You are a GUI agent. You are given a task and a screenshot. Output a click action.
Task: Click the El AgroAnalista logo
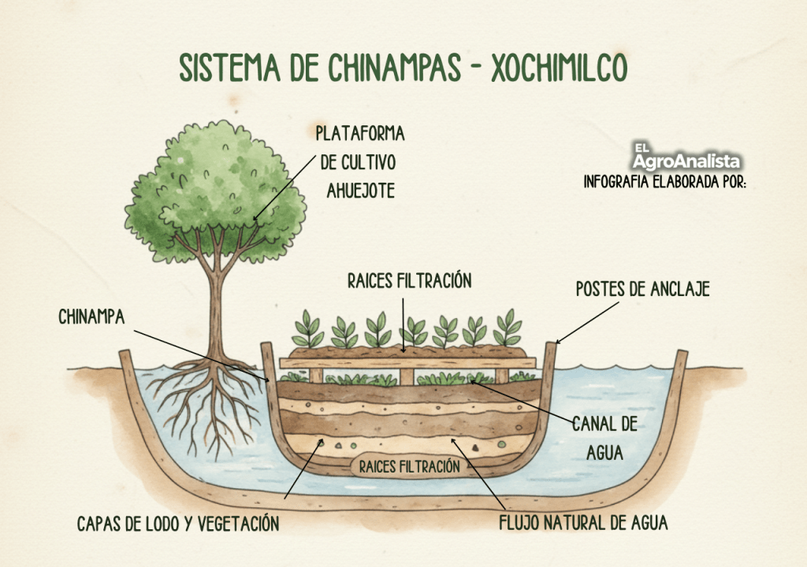tap(686, 156)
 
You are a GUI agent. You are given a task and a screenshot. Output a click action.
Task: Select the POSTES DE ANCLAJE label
tap(642, 289)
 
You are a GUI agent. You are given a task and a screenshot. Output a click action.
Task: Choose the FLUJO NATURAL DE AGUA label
tap(584, 522)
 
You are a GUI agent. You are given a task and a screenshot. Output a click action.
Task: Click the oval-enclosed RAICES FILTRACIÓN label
tap(409, 466)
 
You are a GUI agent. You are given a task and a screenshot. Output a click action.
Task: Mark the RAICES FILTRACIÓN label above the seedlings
tap(409, 280)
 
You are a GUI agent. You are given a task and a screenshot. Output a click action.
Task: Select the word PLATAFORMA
tap(359, 133)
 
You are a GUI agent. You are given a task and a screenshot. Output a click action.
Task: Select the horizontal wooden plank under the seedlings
tap(408, 363)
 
